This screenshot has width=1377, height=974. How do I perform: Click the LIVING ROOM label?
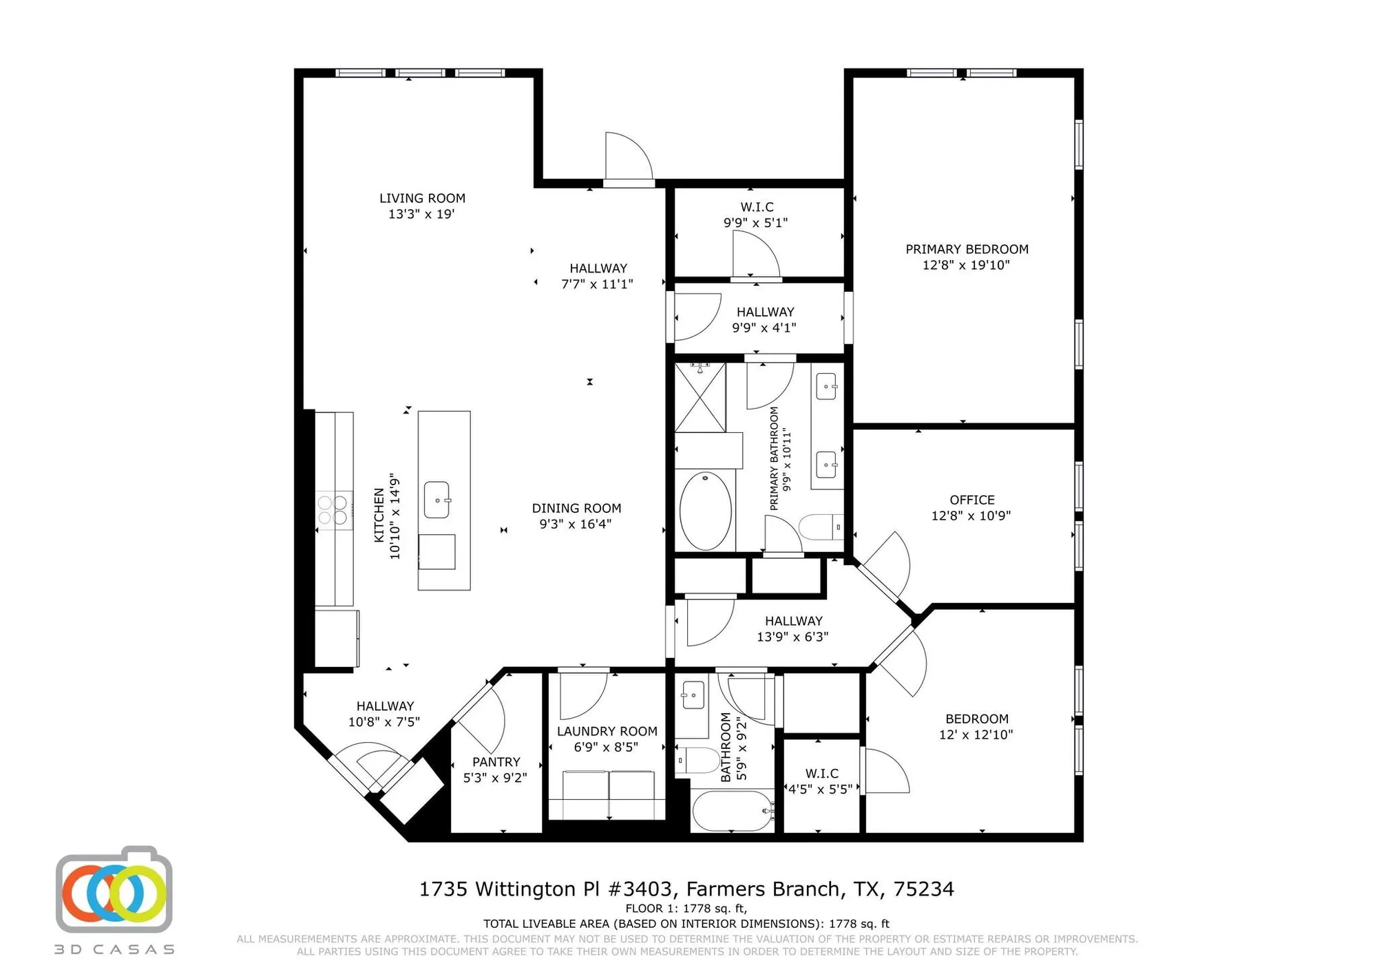point(422,198)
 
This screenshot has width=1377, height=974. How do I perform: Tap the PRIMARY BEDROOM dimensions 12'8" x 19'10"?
point(966,265)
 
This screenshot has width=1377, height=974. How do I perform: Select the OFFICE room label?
point(971,500)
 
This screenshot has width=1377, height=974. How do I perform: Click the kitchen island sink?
point(437,500)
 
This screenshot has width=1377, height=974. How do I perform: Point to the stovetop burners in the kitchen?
point(333,510)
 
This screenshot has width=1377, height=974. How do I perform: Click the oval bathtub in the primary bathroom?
point(705,511)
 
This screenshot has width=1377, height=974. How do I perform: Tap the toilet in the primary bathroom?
point(821,527)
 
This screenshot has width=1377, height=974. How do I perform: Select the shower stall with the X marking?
point(700,398)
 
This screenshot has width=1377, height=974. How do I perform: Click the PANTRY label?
point(496,762)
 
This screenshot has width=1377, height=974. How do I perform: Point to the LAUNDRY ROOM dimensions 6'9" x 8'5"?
point(606,747)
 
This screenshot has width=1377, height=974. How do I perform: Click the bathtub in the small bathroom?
point(733,812)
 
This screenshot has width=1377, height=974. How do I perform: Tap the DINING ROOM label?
point(576,508)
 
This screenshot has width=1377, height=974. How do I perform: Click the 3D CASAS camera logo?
point(114,892)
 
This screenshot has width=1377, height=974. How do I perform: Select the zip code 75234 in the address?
point(923,889)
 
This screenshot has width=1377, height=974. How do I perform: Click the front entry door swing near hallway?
point(628,158)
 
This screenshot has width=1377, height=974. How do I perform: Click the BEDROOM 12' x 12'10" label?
point(976,719)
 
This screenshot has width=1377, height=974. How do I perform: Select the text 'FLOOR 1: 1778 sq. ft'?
point(686,909)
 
